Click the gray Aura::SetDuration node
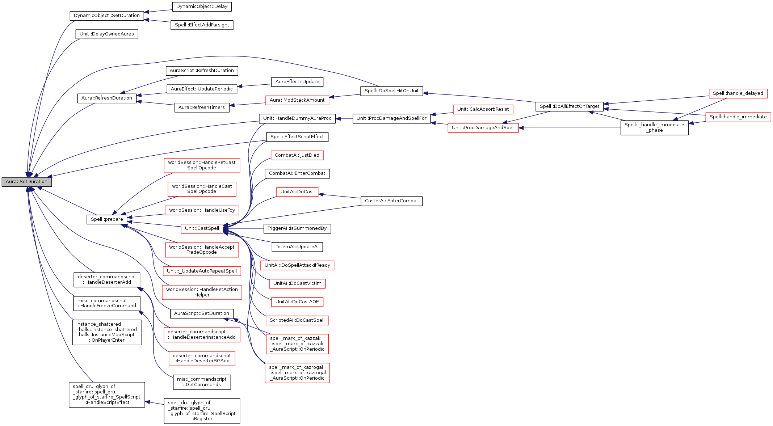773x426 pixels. click(x=26, y=182)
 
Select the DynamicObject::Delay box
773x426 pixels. click(x=202, y=7)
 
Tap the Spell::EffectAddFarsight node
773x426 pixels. click(x=202, y=25)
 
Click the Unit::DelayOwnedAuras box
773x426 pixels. click(x=106, y=34)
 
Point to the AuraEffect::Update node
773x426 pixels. click(x=297, y=82)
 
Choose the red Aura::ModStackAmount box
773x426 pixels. click(x=297, y=100)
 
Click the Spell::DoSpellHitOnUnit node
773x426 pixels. click(x=391, y=91)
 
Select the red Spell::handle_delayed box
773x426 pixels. click(x=738, y=93)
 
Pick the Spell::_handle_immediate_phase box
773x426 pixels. click(x=654, y=128)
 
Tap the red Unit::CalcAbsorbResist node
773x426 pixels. click(x=483, y=109)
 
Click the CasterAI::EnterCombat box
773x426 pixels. click(x=391, y=201)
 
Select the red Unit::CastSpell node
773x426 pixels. click(x=202, y=228)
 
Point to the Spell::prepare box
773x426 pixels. click(x=107, y=219)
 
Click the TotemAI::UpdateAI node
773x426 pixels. click(x=297, y=247)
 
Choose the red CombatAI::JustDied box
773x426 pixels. click(x=297, y=155)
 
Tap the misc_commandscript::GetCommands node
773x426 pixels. click(x=202, y=382)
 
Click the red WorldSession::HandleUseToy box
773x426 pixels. click(x=202, y=210)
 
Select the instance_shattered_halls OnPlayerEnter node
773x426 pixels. click(x=106, y=332)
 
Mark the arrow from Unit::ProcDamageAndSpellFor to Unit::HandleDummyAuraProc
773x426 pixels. click(x=344, y=118)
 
